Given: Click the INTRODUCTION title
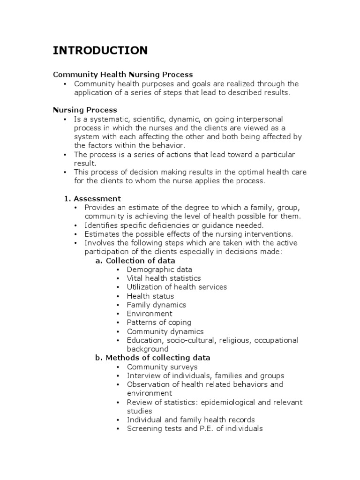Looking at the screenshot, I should (100, 50).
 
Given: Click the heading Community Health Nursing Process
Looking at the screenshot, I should (123, 75).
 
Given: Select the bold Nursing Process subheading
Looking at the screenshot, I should (85, 110).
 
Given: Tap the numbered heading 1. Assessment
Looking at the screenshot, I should (92, 198).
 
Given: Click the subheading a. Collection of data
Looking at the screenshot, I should (135, 261).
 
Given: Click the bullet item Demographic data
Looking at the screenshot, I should (159, 270).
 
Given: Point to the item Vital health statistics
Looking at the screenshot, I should (164, 278).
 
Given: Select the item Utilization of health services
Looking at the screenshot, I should (177, 287).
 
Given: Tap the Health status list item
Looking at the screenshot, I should (150, 296).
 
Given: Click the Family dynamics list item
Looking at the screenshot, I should (156, 305).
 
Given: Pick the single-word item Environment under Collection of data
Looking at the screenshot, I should (150, 314).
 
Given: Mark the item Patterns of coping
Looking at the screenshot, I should (159, 322).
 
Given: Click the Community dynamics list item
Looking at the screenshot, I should (165, 331).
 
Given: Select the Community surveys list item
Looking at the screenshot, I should (162, 367).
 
